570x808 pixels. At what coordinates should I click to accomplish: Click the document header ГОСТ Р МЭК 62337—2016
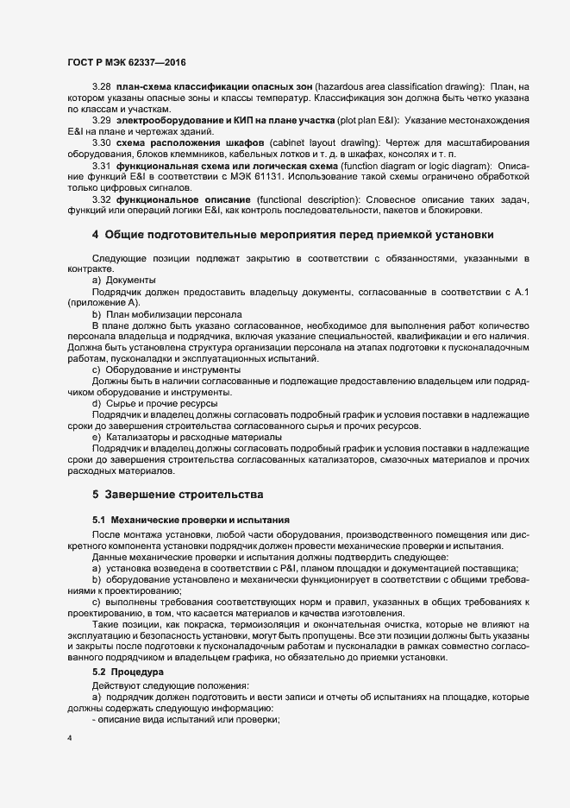(126, 63)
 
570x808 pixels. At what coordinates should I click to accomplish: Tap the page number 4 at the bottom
(69, 740)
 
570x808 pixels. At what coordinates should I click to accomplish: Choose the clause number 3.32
(102, 199)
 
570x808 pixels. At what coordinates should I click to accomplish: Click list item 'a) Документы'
(123, 281)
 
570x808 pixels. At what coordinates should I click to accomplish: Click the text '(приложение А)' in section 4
(103, 303)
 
